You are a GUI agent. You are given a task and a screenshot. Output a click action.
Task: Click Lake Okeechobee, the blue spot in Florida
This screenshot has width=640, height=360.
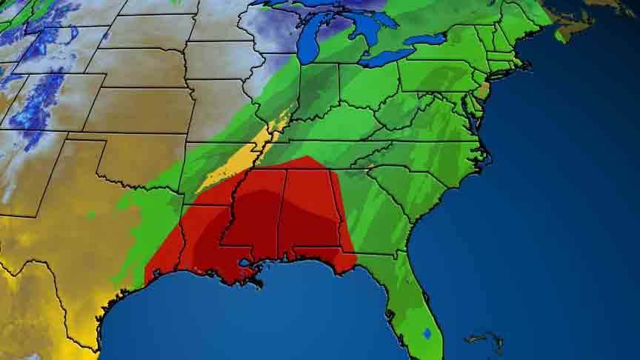[x=427, y=333]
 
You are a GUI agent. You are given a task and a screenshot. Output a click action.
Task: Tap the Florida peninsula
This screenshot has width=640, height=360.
[x=418, y=311]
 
